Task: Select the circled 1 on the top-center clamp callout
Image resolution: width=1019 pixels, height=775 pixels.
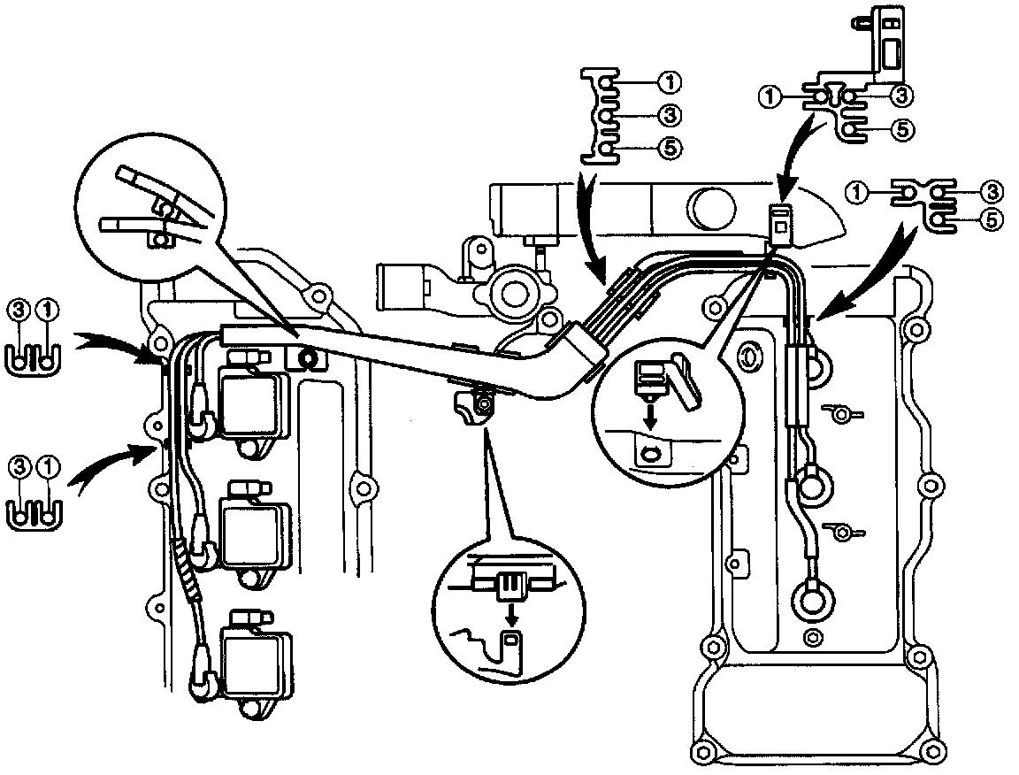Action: pyautogui.click(x=670, y=82)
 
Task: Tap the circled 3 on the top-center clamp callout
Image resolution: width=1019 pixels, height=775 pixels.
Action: pyautogui.click(x=670, y=115)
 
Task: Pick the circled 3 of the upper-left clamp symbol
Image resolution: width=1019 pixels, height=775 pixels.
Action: pyautogui.click(x=19, y=311)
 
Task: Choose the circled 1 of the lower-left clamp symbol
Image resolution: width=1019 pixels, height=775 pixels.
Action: pyautogui.click(x=49, y=464)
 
